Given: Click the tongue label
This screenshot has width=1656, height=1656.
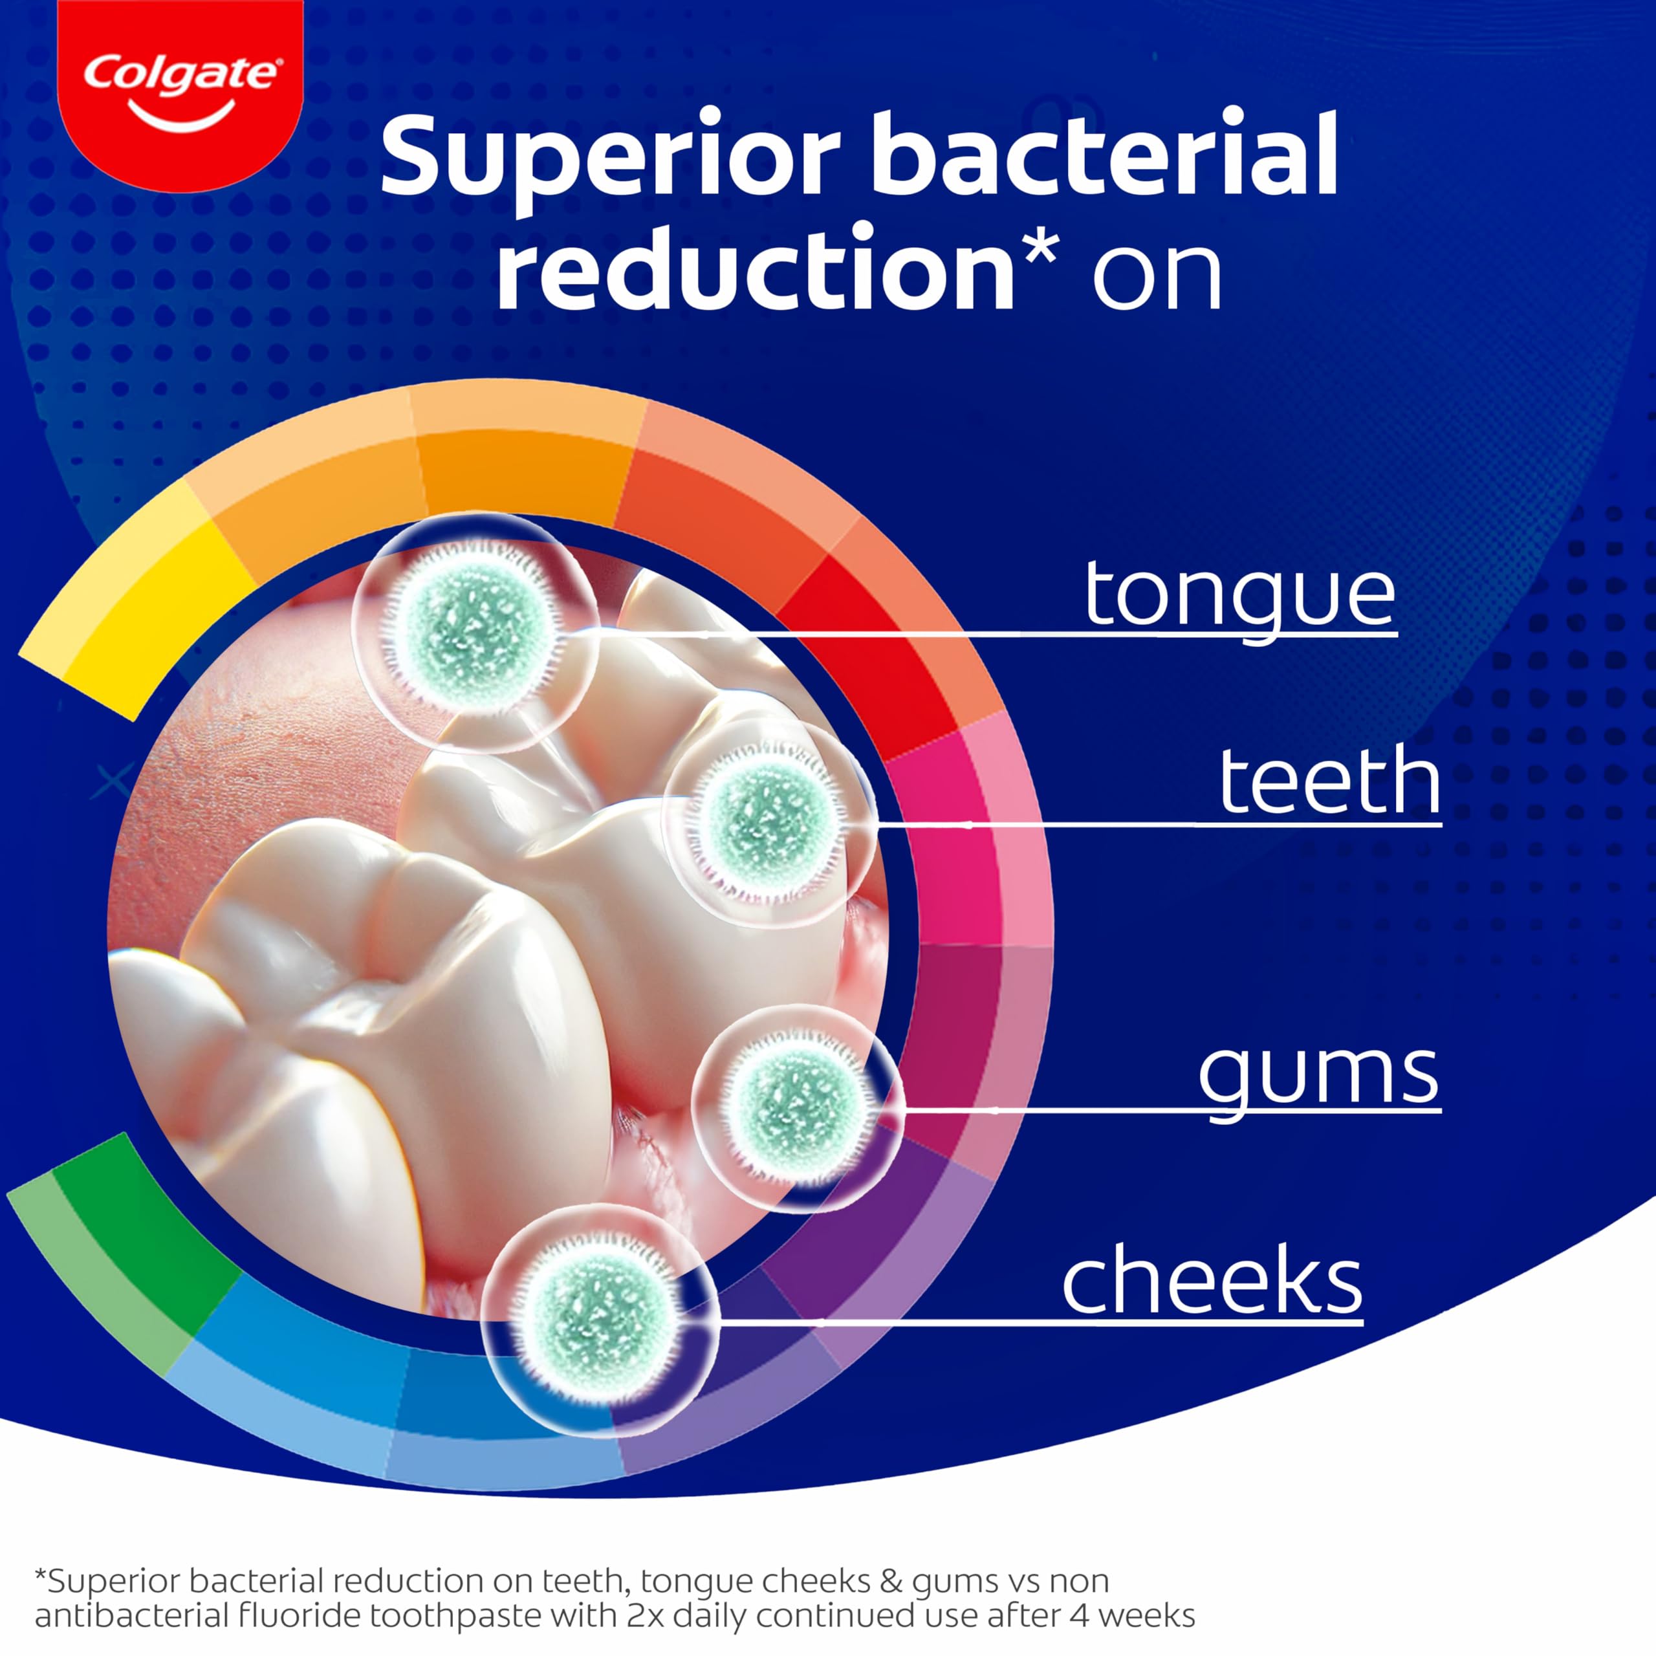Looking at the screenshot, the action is tap(1240, 600).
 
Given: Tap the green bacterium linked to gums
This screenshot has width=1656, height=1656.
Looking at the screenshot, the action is tap(797, 1108).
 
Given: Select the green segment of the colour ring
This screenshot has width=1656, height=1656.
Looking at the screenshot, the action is tap(120, 1252).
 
